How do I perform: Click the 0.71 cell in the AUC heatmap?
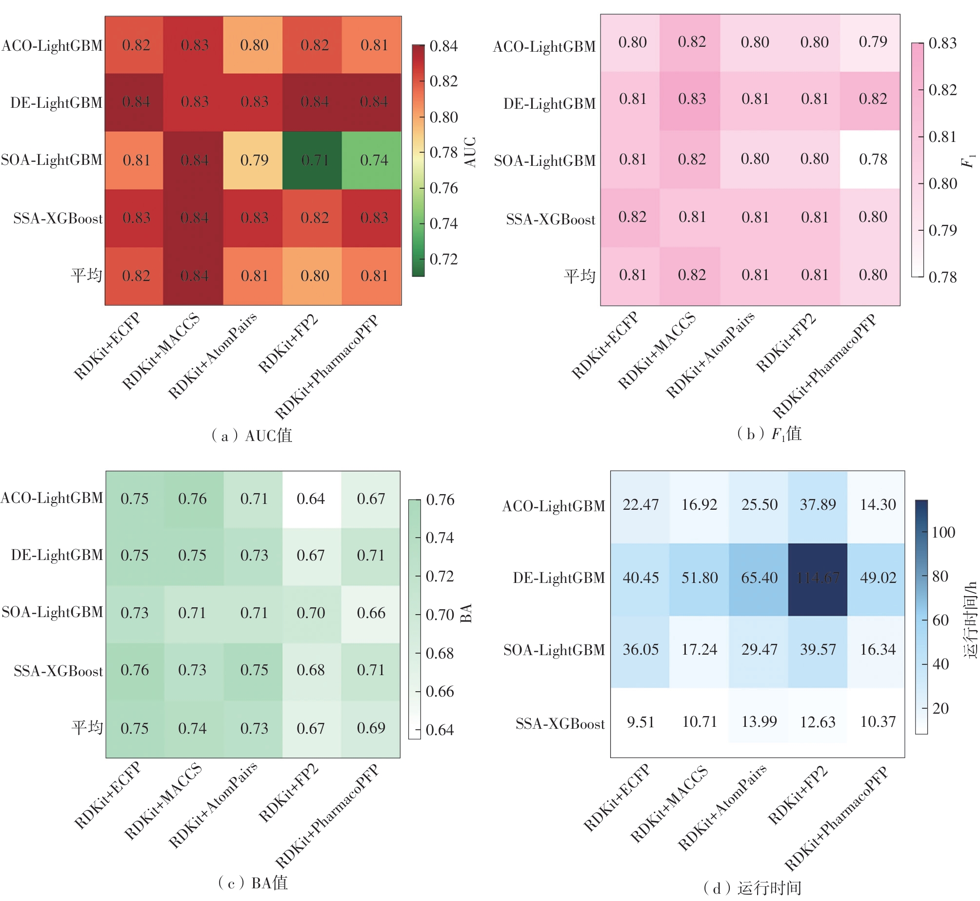pos(314,160)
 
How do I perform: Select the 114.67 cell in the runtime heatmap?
pos(818,578)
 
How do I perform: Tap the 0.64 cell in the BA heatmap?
pos(311,499)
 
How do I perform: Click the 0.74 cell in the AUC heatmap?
pos(374,160)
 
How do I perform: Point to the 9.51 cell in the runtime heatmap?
pos(640,721)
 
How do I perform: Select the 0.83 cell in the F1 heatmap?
pos(692,99)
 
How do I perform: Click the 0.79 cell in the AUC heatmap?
pos(254,160)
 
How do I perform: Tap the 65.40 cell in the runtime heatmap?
pos(759,578)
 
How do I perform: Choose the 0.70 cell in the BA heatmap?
pos(311,613)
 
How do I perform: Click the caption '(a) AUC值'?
pos(252,435)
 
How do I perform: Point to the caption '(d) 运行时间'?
pos(752,888)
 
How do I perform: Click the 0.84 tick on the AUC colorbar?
pos(443,46)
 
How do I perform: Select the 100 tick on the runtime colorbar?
pos(943,532)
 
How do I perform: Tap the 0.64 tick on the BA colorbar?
pos(440,730)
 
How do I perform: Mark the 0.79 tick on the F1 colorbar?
pos(942,230)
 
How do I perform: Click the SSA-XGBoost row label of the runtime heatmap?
pos(560,723)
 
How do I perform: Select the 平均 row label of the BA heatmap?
pos(87,728)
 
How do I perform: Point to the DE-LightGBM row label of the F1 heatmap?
pos(549,103)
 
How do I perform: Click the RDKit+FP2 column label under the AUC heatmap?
pos(288,344)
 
